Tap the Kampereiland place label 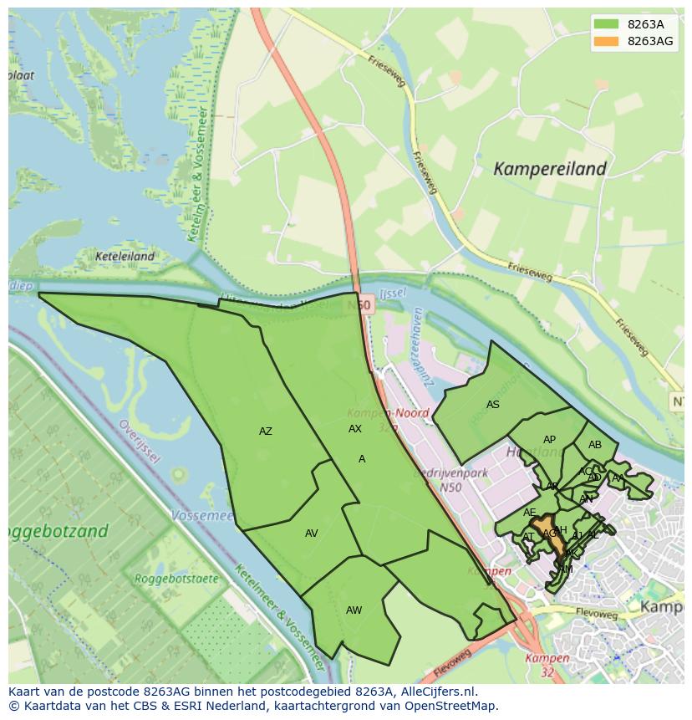coord(549,169)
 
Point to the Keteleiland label coord(125,257)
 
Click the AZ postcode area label coord(265,431)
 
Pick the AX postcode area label coord(355,429)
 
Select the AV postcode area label coord(311,534)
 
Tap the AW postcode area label coord(354,610)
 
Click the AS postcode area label coord(493,405)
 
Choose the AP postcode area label coord(549,440)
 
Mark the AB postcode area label coord(595,445)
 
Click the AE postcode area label coord(530,513)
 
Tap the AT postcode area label coord(528,537)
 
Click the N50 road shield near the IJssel coord(361,306)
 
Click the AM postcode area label coord(566,569)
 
